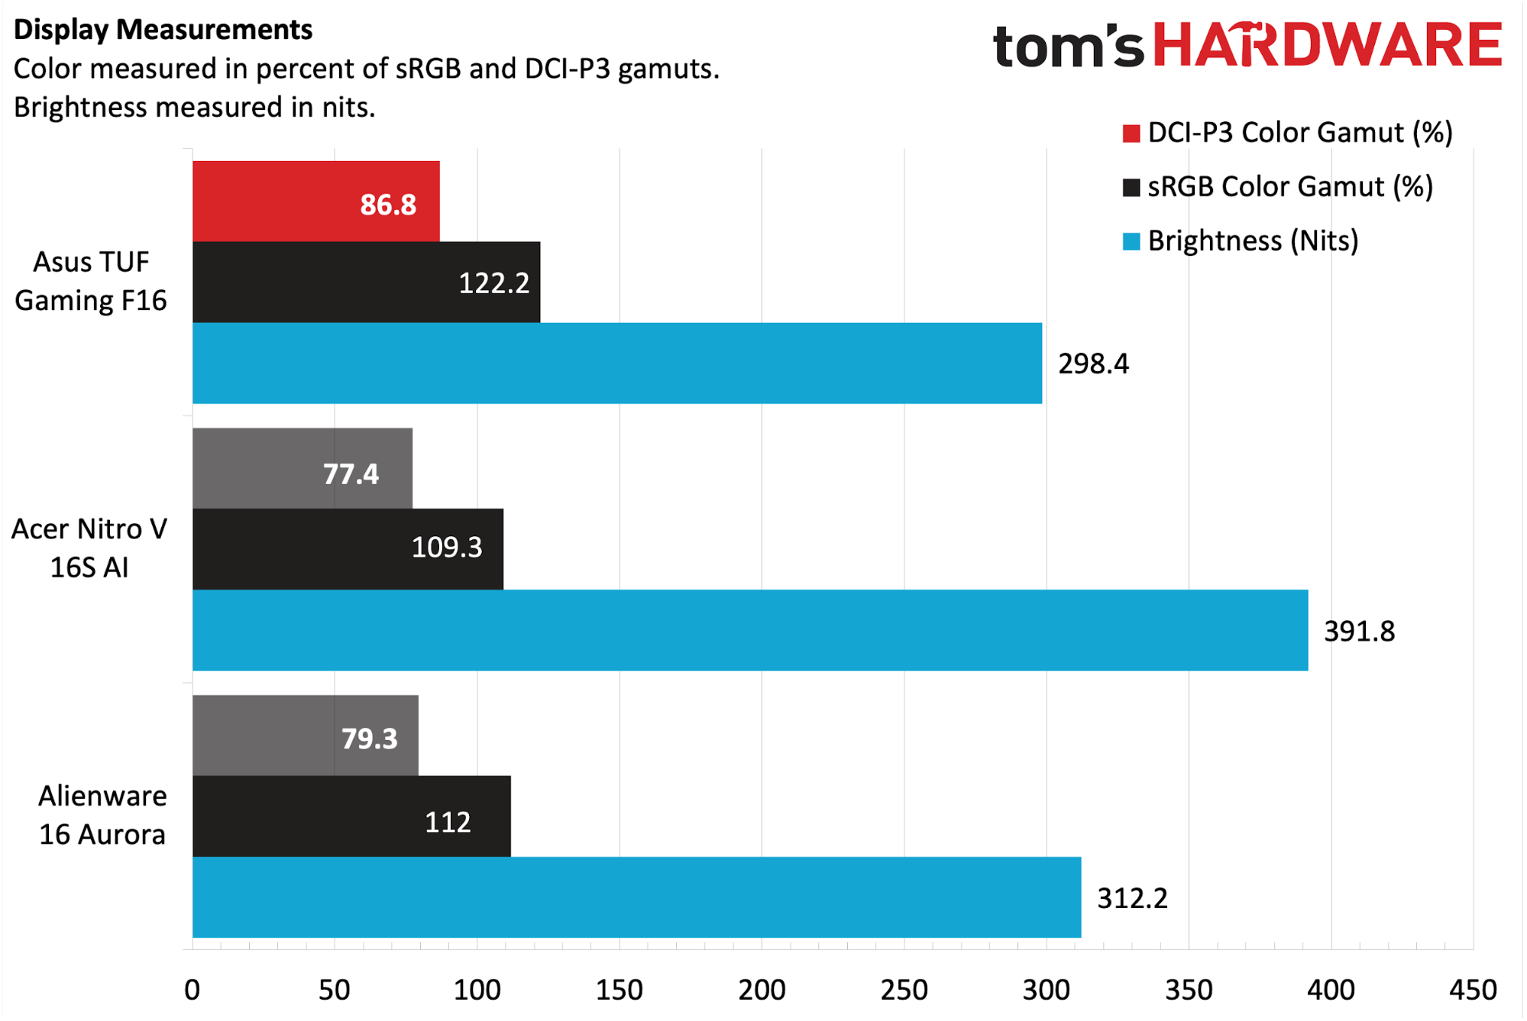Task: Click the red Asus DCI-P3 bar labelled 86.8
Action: pyautogui.click(x=315, y=202)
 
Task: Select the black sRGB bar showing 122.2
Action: pyautogui.click(x=366, y=283)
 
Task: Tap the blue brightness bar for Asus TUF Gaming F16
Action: pyautogui.click(x=616, y=363)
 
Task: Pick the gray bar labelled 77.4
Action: pyautogui.click(x=302, y=469)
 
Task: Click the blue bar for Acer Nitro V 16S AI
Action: pyautogui.click(x=749, y=631)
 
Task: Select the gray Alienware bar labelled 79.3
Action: pyautogui.click(x=305, y=735)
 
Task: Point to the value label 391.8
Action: pyautogui.click(x=1359, y=632)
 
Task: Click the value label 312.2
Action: pyautogui.click(x=1132, y=899)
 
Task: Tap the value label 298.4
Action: pyautogui.click(x=1093, y=364)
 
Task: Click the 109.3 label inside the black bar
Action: pyautogui.click(x=447, y=548)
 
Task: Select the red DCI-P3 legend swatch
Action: pyautogui.click(x=1131, y=134)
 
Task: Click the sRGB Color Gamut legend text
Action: pyautogui.click(x=1289, y=187)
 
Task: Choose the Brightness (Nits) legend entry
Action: pyautogui.click(x=1253, y=241)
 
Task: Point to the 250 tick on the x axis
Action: pyautogui.click(x=904, y=990)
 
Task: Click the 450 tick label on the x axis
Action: pyautogui.click(x=1472, y=990)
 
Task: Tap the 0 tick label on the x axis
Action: pyautogui.click(x=192, y=990)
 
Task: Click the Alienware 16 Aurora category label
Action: pyautogui.click(x=102, y=816)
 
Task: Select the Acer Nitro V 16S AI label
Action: pyautogui.click(x=89, y=548)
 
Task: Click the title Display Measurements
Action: pyautogui.click(x=163, y=30)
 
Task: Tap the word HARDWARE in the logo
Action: pyautogui.click(x=1327, y=44)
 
